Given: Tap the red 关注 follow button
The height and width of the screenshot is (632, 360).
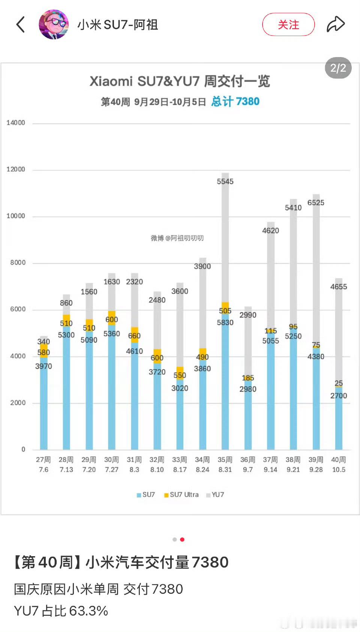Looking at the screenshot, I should coord(288,25).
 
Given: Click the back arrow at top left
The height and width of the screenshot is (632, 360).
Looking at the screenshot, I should coord(21,25).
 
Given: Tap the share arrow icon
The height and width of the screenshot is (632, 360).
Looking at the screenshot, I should coord(335,24).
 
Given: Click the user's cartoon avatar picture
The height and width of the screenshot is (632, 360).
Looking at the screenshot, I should coord(54,24).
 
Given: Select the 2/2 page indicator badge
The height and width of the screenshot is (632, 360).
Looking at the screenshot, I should coord(338,68).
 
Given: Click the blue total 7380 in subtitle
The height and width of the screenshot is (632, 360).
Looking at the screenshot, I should coord(235,101).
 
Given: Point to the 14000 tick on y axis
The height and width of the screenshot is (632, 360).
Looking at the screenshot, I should coord(16,123).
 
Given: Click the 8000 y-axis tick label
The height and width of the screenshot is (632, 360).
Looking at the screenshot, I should coord(18,263).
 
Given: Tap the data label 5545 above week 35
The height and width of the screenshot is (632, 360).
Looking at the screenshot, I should coord(225,182).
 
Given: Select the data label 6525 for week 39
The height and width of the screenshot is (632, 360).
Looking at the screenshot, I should coord(316,203).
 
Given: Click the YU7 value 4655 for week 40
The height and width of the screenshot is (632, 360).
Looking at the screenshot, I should coord(339,287).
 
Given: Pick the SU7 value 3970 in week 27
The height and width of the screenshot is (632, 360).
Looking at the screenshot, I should coord(43,366).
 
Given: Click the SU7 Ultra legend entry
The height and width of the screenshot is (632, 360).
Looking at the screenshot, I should coord(181,495).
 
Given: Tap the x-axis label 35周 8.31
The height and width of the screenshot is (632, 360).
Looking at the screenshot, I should coord(225,465).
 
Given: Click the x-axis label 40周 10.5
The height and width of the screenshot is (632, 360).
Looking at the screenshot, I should coord(339,465).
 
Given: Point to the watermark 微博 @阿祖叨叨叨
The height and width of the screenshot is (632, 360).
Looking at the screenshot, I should coord(177,238).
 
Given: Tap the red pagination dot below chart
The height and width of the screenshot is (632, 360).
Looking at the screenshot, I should coord(182,539).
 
